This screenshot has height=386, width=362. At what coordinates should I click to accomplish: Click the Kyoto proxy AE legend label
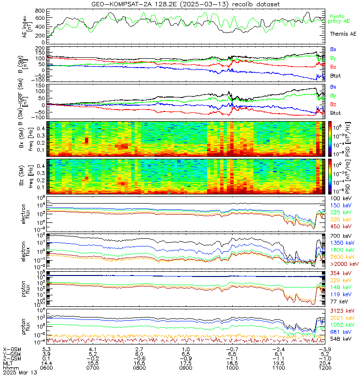point(340,19)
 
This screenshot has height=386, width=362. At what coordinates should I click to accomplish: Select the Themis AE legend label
point(343,34)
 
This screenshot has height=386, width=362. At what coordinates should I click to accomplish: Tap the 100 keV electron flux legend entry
point(340,198)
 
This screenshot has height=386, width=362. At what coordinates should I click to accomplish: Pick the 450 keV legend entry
point(340,226)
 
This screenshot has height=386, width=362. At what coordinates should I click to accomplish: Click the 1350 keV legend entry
point(341,243)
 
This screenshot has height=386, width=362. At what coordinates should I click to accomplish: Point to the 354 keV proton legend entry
point(340,274)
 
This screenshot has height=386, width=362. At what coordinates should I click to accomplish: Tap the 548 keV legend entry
point(340,339)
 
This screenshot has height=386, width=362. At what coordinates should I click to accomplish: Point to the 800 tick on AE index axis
point(41,11)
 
